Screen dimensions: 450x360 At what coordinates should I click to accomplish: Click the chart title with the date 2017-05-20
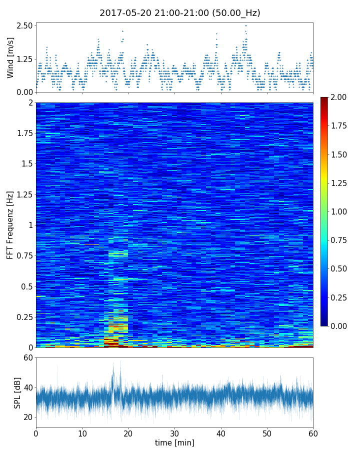click(x=180, y=13)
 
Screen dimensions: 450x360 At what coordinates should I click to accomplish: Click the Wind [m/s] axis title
click(x=10, y=57)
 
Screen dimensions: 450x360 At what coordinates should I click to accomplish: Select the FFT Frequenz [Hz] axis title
click(x=10, y=224)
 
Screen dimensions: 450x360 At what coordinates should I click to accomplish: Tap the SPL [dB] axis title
click(x=17, y=392)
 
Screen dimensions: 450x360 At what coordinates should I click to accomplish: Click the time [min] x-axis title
click(x=174, y=442)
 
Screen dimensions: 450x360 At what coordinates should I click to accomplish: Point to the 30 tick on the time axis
click(x=174, y=433)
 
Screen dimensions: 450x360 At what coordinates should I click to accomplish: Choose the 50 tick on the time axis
click(x=267, y=433)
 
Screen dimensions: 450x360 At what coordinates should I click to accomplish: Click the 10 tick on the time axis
click(x=82, y=433)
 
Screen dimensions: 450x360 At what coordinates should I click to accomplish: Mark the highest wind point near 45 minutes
click(x=245, y=25)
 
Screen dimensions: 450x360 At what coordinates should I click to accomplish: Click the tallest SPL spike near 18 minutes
click(x=120, y=361)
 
